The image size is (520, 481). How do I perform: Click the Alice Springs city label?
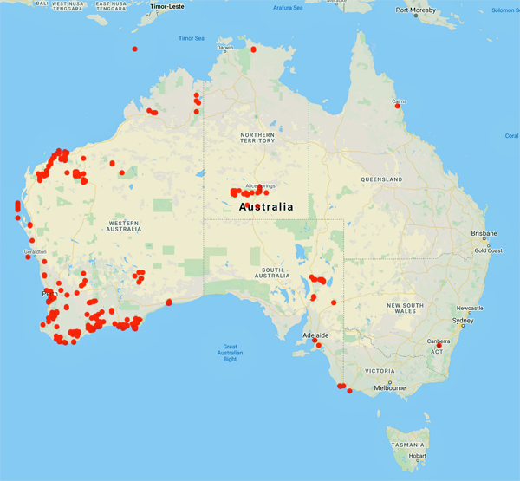260,185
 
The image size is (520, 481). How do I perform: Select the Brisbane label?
484,234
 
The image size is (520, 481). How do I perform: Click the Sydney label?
463,321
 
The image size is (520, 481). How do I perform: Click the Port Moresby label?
414,10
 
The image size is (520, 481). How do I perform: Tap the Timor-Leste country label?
168,5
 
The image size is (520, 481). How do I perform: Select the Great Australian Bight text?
229,353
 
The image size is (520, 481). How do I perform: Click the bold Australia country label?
265,208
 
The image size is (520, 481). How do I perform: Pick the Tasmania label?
407,444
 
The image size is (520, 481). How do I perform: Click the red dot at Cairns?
398,107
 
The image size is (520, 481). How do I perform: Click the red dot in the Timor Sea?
135,49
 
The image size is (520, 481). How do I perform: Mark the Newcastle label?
469,308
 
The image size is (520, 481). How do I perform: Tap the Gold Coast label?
490,250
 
